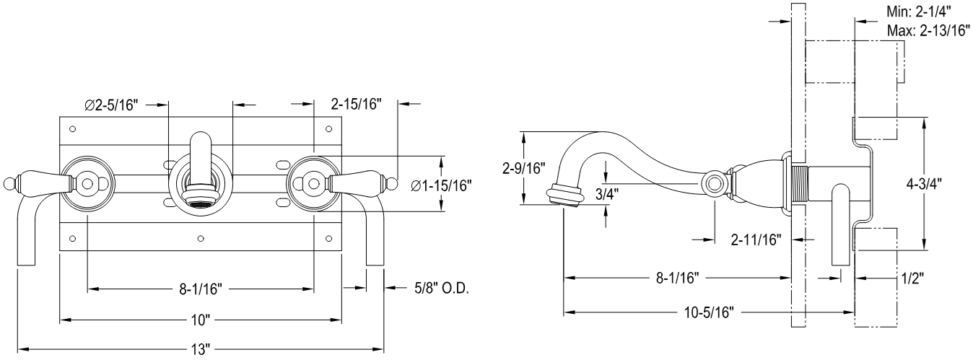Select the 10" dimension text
[200, 319]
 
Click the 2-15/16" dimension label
[357, 105]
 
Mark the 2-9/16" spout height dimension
[525, 170]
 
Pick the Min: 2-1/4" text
[917, 12]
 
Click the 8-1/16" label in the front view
[200, 290]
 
